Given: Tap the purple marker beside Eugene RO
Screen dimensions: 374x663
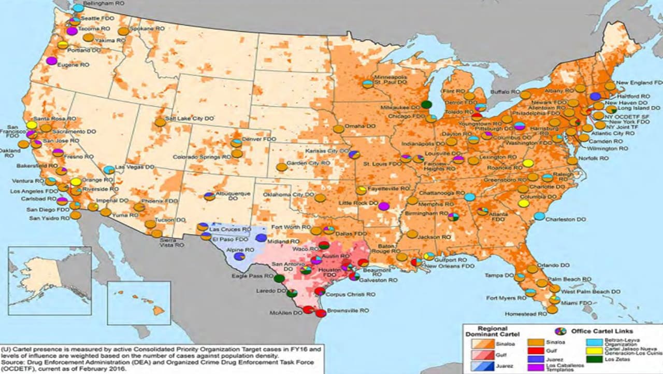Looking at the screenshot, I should coord(51,61).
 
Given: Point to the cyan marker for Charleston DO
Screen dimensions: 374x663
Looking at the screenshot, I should coord(539,216).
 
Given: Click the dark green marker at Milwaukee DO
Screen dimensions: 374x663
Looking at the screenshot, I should coord(426,104).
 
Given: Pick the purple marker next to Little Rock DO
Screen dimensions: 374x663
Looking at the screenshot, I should coord(384,206).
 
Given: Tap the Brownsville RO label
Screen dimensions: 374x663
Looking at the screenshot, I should coord(351,310).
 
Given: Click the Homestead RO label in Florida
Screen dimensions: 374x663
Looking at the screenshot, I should coord(525,314).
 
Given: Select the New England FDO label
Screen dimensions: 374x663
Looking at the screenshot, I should coord(640,82).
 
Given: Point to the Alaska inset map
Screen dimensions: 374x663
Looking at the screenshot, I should coord(50,280).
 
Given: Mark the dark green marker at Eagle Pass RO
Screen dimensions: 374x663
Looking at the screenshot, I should coord(279,278).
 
